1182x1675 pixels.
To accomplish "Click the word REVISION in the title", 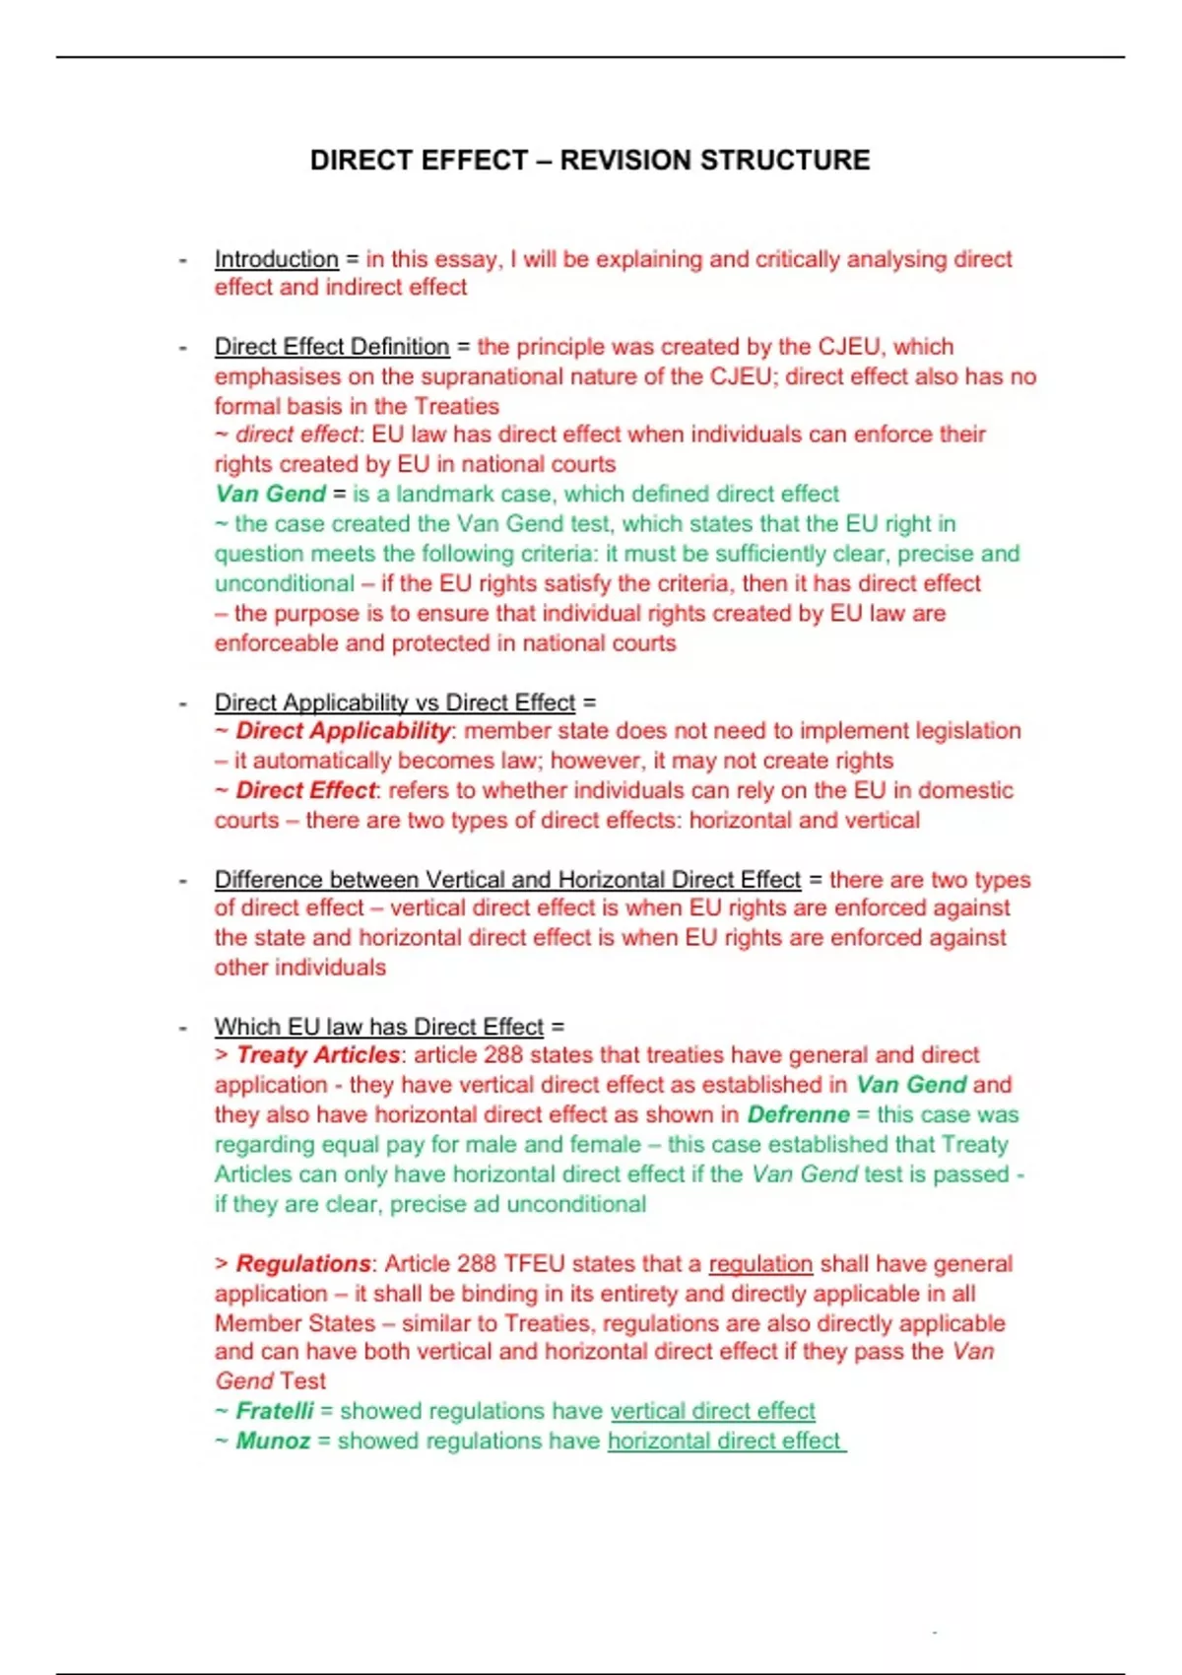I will coord(626,161).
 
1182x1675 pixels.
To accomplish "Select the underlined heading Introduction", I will coord(276,259).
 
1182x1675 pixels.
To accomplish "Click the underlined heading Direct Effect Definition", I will coord(332,347).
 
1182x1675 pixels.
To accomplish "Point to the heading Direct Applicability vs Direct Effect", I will coord(394,703).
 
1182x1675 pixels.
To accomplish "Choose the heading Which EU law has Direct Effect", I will coord(378,1027).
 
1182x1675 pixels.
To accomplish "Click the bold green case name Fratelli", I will coord(274,1411).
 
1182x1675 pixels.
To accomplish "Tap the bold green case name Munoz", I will coord(273,1440).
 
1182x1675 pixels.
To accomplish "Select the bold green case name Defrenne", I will coord(798,1114).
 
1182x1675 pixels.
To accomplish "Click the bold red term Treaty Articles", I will coord(317,1055).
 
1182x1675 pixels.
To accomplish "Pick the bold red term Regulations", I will coord(302,1263).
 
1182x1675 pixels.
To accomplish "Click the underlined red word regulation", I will coord(760,1263).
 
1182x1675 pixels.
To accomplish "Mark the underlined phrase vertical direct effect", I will coord(712,1411).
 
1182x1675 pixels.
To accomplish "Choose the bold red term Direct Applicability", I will coord(342,731).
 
